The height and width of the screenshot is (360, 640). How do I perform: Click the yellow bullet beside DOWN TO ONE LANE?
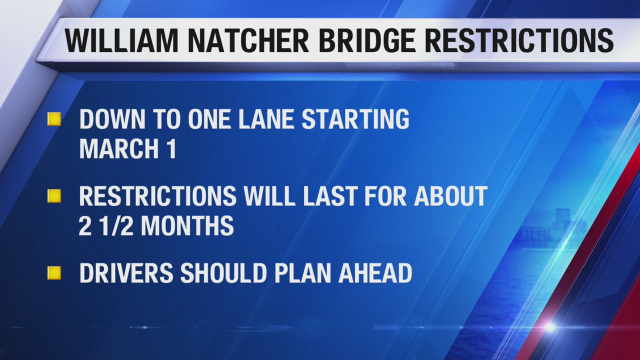pos(54,119)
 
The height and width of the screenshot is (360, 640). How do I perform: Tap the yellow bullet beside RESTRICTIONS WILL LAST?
pos(54,196)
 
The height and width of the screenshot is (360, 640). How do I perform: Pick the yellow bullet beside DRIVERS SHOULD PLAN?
pos(54,273)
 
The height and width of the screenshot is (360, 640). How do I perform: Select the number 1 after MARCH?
pos(172,148)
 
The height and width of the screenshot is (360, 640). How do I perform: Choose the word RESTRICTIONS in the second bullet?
pos(158,196)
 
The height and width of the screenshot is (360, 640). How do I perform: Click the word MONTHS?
pos(187,225)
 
